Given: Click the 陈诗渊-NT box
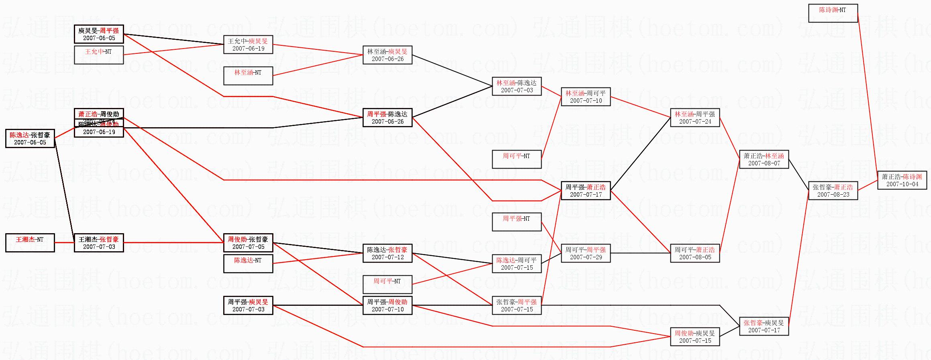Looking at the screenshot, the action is [x=833, y=13].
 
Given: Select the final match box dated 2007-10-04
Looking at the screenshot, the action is [x=902, y=180].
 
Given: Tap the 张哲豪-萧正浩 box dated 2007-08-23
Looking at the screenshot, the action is [x=833, y=191].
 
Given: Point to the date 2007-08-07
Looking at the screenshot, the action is [x=764, y=163].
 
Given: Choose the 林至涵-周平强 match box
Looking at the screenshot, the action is [x=695, y=118].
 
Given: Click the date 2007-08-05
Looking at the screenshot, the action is [x=695, y=257].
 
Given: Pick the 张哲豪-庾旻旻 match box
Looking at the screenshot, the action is [x=764, y=326].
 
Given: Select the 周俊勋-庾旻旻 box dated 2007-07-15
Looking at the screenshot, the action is [x=695, y=337].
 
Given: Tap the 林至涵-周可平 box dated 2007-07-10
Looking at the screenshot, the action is [x=585, y=97].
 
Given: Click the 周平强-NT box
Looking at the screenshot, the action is [x=516, y=222].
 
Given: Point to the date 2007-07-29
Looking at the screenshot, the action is [x=586, y=257].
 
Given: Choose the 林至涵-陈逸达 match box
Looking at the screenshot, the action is [x=516, y=86].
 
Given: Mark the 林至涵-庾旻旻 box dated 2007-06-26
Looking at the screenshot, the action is [x=387, y=55].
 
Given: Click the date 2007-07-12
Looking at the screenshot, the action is [x=387, y=257].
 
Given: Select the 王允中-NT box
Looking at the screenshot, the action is [x=98, y=55].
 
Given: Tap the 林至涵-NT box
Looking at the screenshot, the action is [x=248, y=76].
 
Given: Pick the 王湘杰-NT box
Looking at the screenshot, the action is [x=30, y=243].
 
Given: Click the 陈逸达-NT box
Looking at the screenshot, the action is [x=248, y=264].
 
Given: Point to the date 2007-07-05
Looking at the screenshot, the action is [x=248, y=247].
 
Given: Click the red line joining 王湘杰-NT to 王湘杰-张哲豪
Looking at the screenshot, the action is [x=64, y=243].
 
